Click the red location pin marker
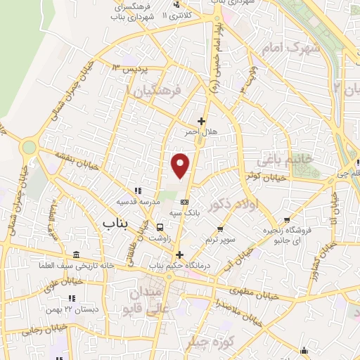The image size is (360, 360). tap(181, 165)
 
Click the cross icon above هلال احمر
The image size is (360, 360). tap(202, 121)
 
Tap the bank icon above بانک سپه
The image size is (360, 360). tap(184, 201)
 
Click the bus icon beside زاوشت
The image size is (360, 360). tap(160, 227)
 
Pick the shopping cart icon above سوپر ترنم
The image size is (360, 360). tap(220, 229)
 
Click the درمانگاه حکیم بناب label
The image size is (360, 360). tap(178, 266)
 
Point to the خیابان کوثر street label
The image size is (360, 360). tap(266, 177)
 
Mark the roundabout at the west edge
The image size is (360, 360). tap(29, 148)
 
